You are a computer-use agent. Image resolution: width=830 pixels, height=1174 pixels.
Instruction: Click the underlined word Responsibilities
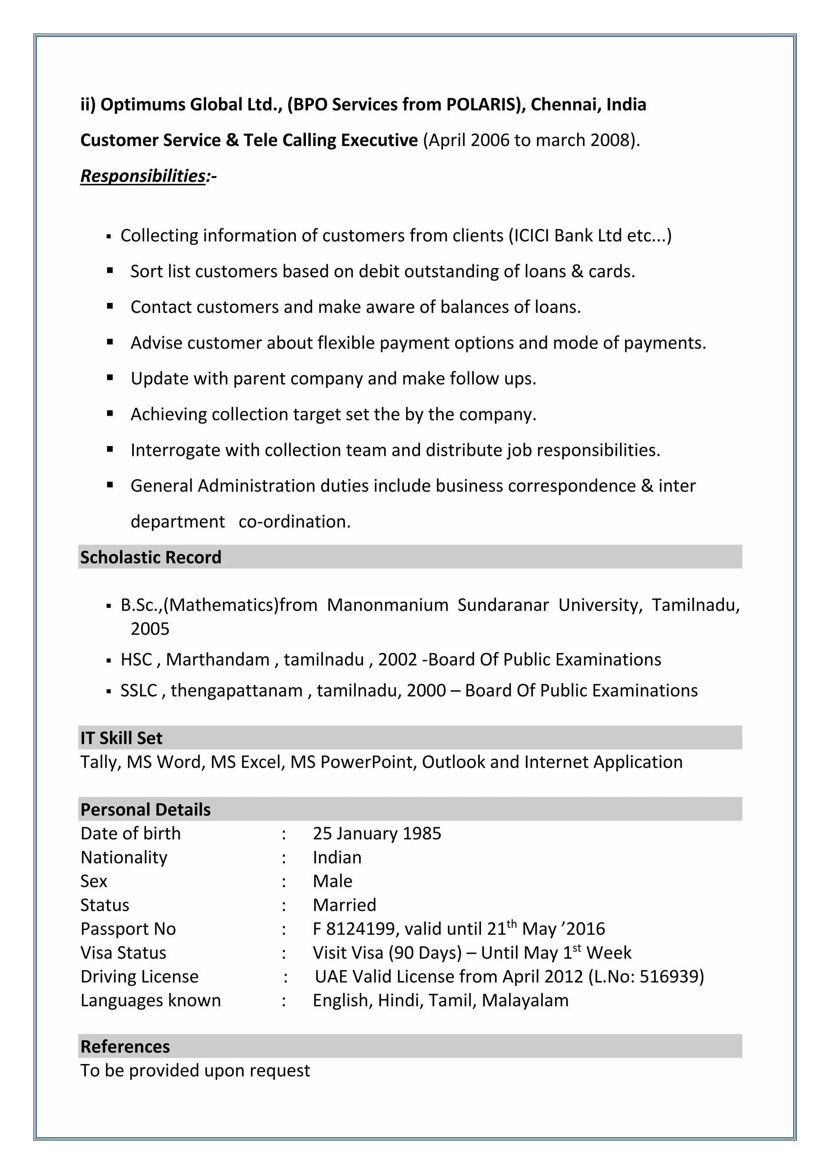coord(143,176)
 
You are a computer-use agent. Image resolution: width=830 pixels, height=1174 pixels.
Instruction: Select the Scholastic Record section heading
coord(151,557)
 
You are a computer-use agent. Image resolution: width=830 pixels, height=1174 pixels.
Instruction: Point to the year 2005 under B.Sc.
coord(150,629)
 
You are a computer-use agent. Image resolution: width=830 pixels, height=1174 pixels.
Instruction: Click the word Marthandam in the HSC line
coord(218,660)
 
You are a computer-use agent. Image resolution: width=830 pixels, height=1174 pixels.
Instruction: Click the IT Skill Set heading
coord(121,738)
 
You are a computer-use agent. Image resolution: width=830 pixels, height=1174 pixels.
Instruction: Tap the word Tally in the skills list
coord(100,762)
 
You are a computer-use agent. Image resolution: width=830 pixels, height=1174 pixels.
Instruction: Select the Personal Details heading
coord(145,810)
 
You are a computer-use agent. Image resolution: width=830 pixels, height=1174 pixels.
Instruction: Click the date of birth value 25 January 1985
coord(376,833)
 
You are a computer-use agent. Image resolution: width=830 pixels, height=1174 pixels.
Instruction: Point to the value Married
coord(344,905)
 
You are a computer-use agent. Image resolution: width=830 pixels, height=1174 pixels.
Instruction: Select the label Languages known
coord(150,1001)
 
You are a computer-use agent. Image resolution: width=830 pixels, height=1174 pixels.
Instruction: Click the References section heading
coord(125,1047)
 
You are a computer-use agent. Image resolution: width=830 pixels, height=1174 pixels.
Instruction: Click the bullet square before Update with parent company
coord(110,378)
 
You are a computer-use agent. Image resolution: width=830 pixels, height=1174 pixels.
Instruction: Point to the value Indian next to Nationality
coord(337,858)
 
